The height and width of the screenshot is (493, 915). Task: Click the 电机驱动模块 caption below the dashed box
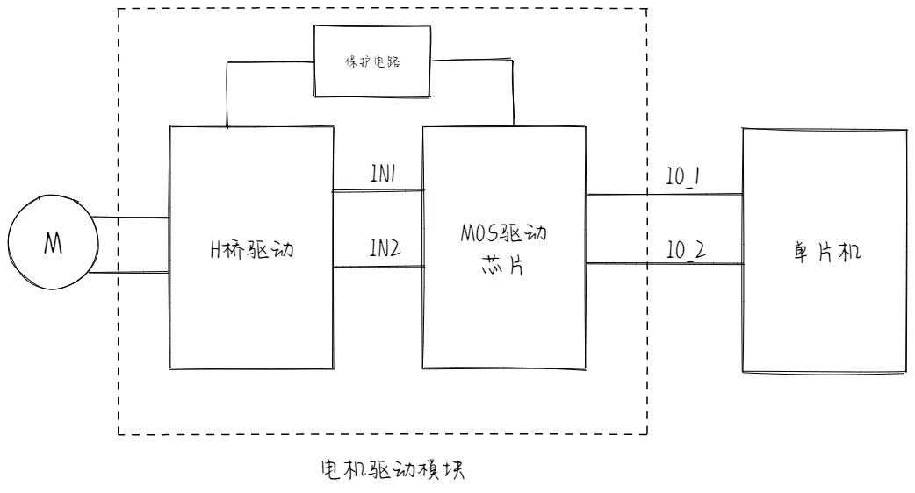(385, 470)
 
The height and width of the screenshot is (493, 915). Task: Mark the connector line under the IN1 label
(378, 189)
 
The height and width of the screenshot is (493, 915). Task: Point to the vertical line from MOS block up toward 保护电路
(513, 92)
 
